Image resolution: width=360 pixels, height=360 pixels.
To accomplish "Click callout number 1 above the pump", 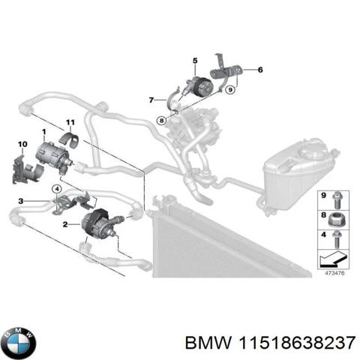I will coord(44,132).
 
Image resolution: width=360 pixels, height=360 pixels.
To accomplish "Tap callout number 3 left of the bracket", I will coord(21,200).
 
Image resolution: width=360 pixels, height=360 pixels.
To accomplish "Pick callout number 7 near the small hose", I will coord(150,100).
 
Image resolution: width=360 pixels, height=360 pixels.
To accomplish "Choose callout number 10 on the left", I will coord(21,143).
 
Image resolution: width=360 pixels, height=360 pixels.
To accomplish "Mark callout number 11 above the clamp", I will coord(70,122).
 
